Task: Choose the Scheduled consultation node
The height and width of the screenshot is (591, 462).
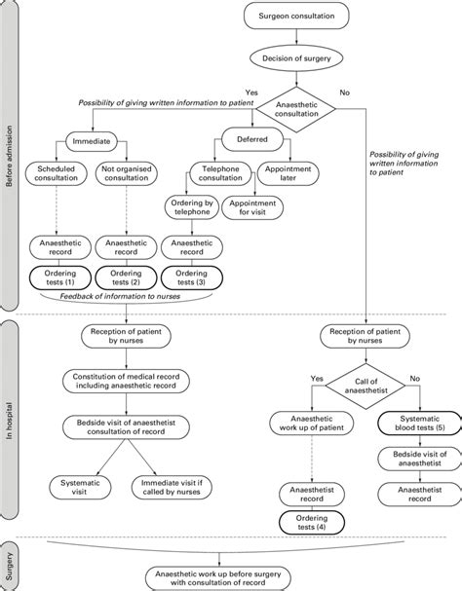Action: point(61,174)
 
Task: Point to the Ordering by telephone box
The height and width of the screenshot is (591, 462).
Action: point(191,209)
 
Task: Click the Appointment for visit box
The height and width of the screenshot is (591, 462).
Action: point(255,209)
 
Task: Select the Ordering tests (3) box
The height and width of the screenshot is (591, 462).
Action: point(191,277)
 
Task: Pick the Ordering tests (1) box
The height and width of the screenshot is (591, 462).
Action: point(60,277)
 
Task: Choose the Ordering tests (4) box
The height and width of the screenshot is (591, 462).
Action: point(310,522)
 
